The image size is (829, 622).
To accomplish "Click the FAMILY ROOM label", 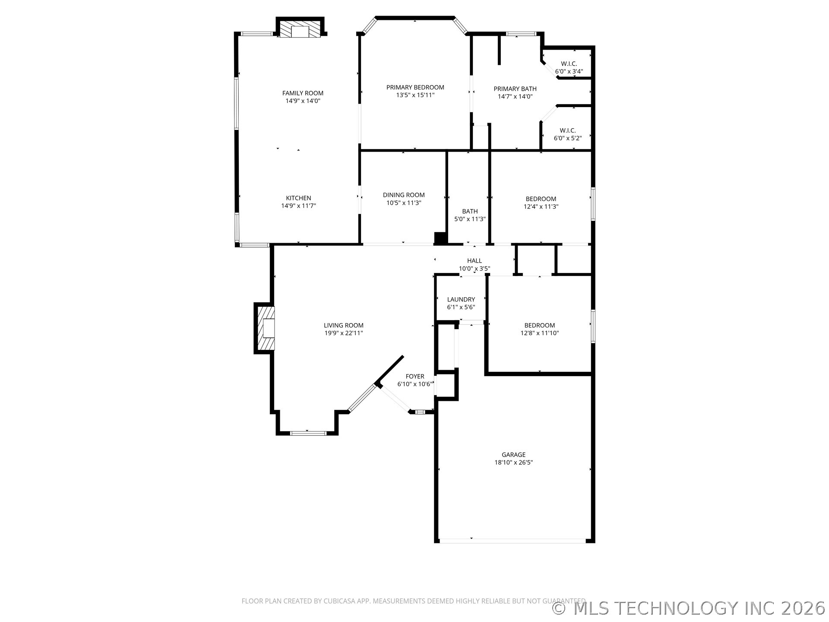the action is [x=303, y=93].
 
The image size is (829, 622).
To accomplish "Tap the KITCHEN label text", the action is [x=298, y=198].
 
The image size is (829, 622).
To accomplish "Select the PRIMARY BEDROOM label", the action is [x=415, y=87].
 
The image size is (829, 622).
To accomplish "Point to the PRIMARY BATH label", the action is [x=515, y=89].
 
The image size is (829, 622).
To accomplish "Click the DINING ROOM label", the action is [x=404, y=195].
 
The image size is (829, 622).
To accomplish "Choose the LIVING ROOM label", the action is [x=344, y=325].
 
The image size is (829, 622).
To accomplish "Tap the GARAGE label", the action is [x=513, y=454].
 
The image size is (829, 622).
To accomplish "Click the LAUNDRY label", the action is [x=461, y=299].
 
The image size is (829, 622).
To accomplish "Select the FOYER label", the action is [x=415, y=376].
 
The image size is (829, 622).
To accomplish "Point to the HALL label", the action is [x=475, y=260].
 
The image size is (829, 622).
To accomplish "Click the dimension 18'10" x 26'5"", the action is [x=513, y=462].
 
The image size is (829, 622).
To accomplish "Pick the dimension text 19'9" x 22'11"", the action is [x=344, y=333].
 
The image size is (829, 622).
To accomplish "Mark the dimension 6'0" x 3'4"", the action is [x=569, y=71].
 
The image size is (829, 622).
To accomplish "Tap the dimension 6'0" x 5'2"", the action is [x=568, y=138].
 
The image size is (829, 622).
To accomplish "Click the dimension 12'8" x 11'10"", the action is [x=540, y=333].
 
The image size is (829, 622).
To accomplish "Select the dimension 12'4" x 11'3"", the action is [x=541, y=206].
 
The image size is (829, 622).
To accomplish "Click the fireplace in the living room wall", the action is [x=264, y=328].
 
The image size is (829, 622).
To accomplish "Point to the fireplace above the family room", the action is [x=300, y=27].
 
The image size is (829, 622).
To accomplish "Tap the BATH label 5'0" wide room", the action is [x=470, y=211].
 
